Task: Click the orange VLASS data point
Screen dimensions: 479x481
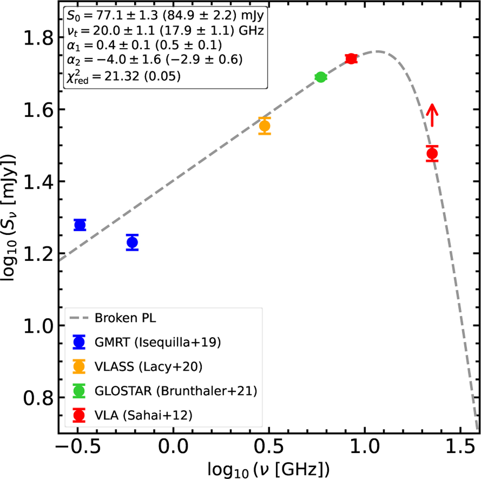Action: tap(265, 126)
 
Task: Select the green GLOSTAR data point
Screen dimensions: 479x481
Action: tap(320, 77)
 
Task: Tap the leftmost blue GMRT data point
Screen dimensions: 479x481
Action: tap(80, 225)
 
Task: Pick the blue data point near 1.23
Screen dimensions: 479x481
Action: tap(132, 242)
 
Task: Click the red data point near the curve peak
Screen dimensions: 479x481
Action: tap(351, 59)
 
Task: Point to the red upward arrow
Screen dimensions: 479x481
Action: tap(432, 115)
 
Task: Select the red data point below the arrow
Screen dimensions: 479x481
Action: tap(432, 153)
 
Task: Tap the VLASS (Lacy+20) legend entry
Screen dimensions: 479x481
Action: tap(148, 366)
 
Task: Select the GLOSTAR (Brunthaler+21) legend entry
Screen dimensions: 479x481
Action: tap(176, 391)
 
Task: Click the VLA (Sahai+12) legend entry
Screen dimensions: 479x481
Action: tap(143, 415)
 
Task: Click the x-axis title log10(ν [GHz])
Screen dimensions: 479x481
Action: tap(268, 467)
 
